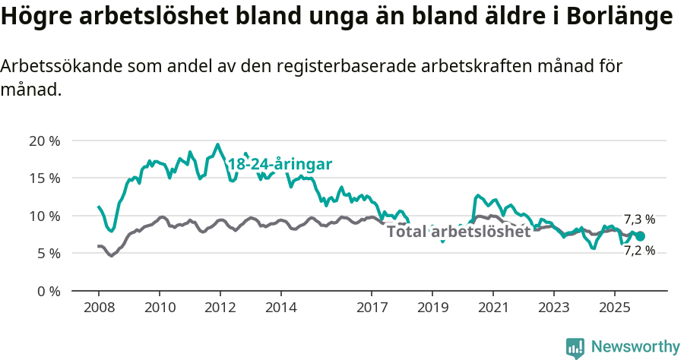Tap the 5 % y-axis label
(x=49, y=253)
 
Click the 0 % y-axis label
(x=49, y=291)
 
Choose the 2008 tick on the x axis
(x=99, y=308)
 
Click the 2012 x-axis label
(x=220, y=308)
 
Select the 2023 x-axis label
(x=553, y=308)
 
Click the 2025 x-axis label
(x=614, y=308)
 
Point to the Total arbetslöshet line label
(x=458, y=232)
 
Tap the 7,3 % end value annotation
(x=639, y=220)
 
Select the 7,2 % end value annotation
(x=639, y=251)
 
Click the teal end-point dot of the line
(x=640, y=236)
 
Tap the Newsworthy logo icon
(x=575, y=347)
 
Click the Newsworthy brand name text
(x=635, y=347)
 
